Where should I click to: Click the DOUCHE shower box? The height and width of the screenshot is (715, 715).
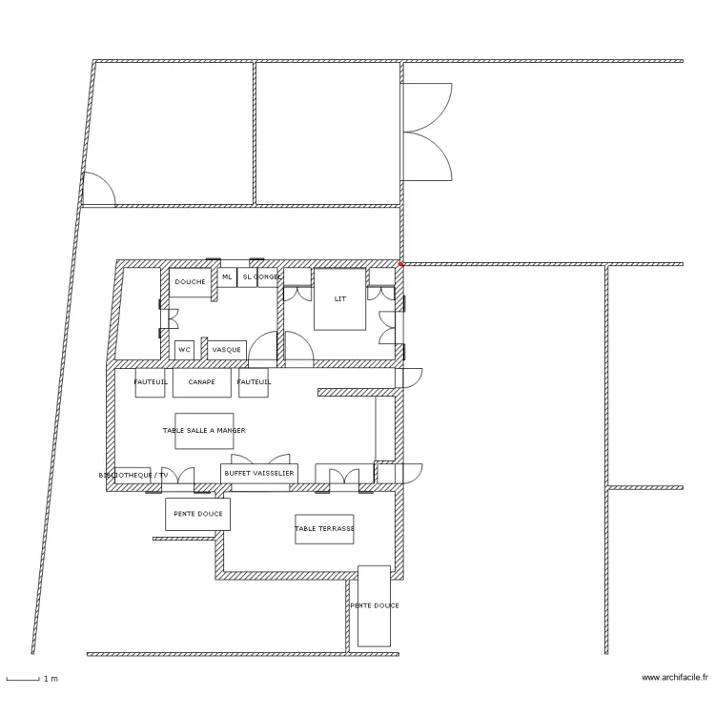(191, 282)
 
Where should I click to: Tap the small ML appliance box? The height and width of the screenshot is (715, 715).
(227, 277)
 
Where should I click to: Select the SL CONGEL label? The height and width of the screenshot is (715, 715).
(260, 277)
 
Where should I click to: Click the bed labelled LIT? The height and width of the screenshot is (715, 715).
(340, 299)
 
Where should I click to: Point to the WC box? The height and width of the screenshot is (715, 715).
(184, 350)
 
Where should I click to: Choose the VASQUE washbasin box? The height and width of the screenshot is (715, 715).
(227, 350)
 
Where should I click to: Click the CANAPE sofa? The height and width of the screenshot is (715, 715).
(201, 382)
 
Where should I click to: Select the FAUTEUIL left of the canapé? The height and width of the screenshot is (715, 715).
(151, 382)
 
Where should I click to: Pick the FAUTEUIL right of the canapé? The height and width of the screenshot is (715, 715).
(254, 382)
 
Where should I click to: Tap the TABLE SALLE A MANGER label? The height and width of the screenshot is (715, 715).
(204, 431)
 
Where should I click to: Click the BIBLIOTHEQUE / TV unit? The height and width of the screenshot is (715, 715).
(133, 474)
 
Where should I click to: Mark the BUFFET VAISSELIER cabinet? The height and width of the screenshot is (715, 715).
(259, 473)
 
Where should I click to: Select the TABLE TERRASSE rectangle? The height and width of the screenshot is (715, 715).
(324, 529)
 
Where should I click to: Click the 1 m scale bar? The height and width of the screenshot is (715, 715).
(23, 679)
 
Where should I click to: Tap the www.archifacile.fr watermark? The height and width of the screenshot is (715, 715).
(675, 678)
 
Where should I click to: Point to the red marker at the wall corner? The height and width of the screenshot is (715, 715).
(401, 263)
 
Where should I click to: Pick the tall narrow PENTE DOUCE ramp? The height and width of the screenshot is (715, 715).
(374, 605)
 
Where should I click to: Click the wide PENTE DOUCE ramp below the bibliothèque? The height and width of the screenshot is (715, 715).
(197, 514)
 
